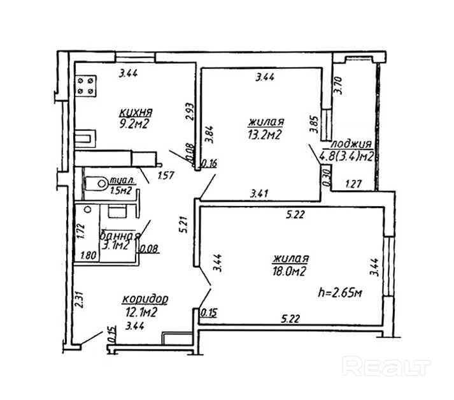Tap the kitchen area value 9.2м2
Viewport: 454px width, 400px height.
133,124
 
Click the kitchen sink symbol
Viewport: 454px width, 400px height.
85,138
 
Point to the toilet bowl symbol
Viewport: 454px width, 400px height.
96,183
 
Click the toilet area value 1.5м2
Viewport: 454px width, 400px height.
120,190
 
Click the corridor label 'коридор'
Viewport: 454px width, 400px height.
145,299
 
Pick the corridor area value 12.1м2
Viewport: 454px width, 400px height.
142,312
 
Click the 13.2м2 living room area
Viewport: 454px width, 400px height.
265,134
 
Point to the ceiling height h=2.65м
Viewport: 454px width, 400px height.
339,293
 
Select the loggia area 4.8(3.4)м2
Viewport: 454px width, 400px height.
347,156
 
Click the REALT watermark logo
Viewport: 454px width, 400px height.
386,366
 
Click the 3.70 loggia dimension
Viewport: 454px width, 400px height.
338,85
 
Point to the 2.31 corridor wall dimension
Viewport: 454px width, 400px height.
78,300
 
